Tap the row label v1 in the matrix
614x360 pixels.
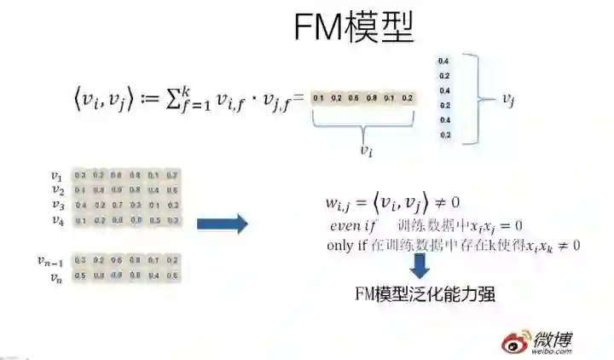pos(58,176)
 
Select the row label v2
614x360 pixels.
pos(58,190)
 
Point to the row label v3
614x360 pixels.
pos(58,205)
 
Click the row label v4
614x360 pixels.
pos(58,220)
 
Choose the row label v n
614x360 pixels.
pos(56,276)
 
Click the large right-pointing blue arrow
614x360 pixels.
pos(222,224)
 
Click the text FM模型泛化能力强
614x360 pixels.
pos(425,295)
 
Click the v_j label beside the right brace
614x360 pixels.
pos(508,101)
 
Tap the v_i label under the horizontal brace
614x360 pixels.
pos(365,149)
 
